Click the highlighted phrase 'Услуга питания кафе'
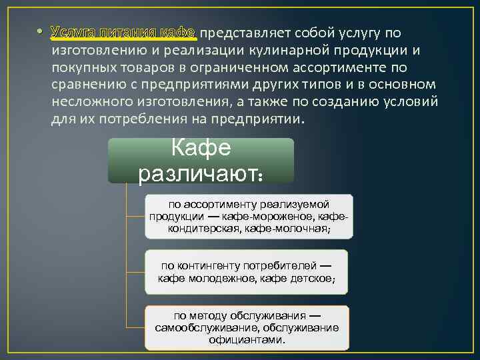coord(124,33)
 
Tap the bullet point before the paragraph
coord(41,33)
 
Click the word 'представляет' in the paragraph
coord(238,33)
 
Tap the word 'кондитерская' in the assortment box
coord(204,229)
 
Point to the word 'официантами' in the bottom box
coord(246,339)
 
